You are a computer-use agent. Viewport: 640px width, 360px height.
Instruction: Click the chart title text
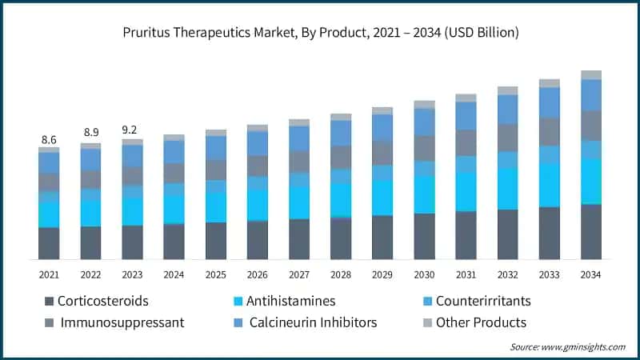tap(320, 33)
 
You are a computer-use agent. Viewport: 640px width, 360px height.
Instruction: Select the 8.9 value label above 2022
tap(90, 132)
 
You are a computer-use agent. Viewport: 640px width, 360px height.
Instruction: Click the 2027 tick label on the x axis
tap(299, 274)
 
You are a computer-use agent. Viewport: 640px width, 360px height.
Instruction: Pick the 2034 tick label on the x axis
tap(590, 274)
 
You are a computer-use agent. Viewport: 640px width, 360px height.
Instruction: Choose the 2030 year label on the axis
tap(424, 274)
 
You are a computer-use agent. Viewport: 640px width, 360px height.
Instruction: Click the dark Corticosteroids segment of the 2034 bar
tap(590, 231)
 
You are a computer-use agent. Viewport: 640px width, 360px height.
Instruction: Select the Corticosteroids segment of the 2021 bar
tap(49, 243)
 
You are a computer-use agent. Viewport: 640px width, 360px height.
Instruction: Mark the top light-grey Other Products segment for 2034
tap(590, 74)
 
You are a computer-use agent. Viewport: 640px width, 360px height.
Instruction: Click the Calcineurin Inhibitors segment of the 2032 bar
tap(507, 110)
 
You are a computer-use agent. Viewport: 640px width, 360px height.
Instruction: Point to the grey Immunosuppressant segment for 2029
tap(382, 153)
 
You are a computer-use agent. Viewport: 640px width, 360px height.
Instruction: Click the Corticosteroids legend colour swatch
tap(49, 302)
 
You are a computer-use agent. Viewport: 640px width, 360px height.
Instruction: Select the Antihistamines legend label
tap(291, 302)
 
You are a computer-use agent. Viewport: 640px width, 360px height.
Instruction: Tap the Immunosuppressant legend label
tap(121, 322)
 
